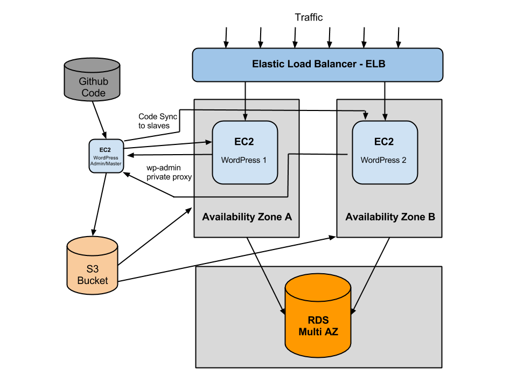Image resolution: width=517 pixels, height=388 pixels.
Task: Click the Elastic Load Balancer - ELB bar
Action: click(x=318, y=65)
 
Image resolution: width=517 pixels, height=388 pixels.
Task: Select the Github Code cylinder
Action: click(x=92, y=81)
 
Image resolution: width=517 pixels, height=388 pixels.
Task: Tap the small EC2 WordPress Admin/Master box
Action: click(x=106, y=156)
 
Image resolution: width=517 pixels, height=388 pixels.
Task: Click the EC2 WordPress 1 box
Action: click(x=245, y=152)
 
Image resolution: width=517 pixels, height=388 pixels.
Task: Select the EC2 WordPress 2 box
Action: click(x=385, y=152)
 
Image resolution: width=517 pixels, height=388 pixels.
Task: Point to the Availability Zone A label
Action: click(x=247, y=217)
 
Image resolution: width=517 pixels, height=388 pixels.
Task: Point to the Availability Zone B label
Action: click(x=390, y=217)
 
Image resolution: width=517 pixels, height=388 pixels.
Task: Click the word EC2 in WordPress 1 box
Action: click(x=243, y=142)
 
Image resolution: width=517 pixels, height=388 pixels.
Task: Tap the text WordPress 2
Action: click(x=383, y=160)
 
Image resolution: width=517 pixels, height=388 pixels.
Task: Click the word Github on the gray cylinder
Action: click(x=93, y=82)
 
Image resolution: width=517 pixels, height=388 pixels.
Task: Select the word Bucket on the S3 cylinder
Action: click(x=93, y=281)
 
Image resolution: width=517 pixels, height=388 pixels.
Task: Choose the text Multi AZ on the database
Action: click(x=318, y=332)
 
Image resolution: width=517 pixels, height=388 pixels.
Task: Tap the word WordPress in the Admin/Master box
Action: click(x=106, y=158)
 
